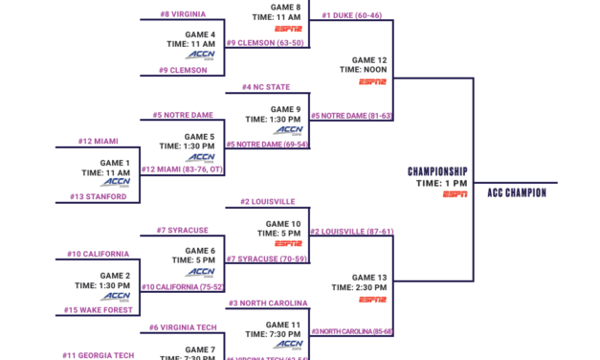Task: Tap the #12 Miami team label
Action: click(x=99, y=142)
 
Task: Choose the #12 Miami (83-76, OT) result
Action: click(x=182, y=169)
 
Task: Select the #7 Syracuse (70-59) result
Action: click(x=267, y=259)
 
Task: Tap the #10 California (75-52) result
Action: click(x=183, y=286)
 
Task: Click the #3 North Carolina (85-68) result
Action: click(x=351, y=331)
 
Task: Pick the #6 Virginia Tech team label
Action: click(x=183, y=327)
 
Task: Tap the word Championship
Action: click(x=436, y=171)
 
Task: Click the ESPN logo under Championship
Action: click(x=456, y=194)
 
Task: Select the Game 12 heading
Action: click(x=369, y=59)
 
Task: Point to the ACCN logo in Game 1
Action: click(x=117, y=182)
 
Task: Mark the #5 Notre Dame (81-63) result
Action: click(x=351, y=115)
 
